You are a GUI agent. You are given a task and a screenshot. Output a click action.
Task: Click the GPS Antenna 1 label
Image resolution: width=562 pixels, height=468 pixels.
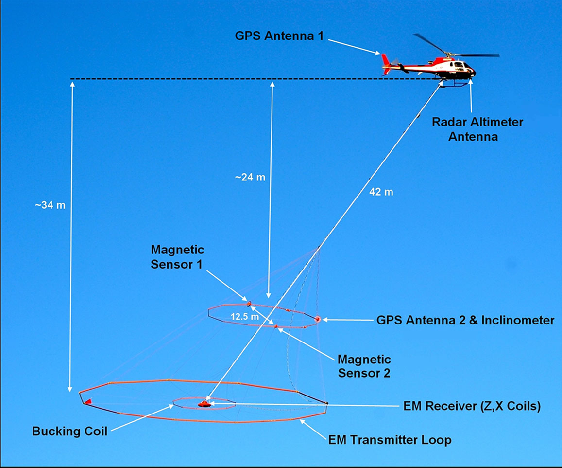[x=279, y=36]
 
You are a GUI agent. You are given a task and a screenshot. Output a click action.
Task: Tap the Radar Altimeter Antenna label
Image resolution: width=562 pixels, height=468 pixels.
[x=477, y=129]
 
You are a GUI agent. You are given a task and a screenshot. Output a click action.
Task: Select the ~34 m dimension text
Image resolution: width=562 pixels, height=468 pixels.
[x=50, y=205]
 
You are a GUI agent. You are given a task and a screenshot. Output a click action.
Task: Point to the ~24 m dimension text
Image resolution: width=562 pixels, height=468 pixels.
[x=250, y=177]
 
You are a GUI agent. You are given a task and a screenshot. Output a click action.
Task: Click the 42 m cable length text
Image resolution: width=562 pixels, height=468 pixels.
[x=381, y=192]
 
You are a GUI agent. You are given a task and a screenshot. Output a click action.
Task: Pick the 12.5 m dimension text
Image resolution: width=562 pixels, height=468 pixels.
[x=245, y=317]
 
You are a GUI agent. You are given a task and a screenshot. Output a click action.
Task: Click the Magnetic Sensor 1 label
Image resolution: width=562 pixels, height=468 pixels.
[x=177, y=257]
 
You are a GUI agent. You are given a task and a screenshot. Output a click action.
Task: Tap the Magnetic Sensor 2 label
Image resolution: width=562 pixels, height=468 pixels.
[x=364, y=366]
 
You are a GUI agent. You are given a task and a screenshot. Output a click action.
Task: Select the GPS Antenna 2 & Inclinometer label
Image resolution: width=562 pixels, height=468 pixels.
[x=465, y=320]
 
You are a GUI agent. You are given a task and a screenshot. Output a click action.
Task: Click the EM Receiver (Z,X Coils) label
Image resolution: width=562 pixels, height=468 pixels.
[x=472, y=406]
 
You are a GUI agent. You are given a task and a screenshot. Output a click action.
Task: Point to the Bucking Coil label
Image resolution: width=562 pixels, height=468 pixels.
[x=69, y=431]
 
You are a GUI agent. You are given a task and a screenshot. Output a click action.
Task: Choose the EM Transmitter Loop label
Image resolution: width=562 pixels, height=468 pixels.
[x=390, y=440]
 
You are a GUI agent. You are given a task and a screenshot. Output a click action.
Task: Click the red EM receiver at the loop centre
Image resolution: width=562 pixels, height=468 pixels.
[x=204, y=404]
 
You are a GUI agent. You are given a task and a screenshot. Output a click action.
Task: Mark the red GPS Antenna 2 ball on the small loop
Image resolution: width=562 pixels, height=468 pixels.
[x=317, y=319]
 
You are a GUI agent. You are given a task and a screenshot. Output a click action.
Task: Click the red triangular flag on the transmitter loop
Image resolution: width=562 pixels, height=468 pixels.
[x=88, y=401]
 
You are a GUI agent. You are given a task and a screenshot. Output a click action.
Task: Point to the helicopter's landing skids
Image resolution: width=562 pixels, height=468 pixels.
[x=455, y=84]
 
